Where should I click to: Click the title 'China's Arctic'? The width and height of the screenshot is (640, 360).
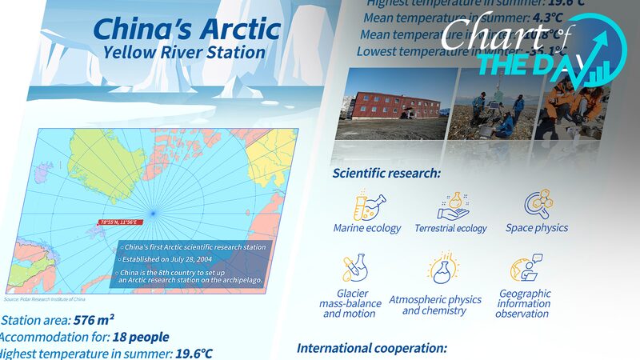click(186, 30)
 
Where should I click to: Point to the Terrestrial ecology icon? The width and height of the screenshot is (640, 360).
click(451, 205)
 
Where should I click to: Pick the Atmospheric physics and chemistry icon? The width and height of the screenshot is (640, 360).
click(439, 270)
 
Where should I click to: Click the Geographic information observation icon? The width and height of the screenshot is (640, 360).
click(525, 270)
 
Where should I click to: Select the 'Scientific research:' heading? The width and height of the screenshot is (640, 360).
click(386, 172)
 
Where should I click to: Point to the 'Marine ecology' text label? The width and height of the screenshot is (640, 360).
click(367, 228)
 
